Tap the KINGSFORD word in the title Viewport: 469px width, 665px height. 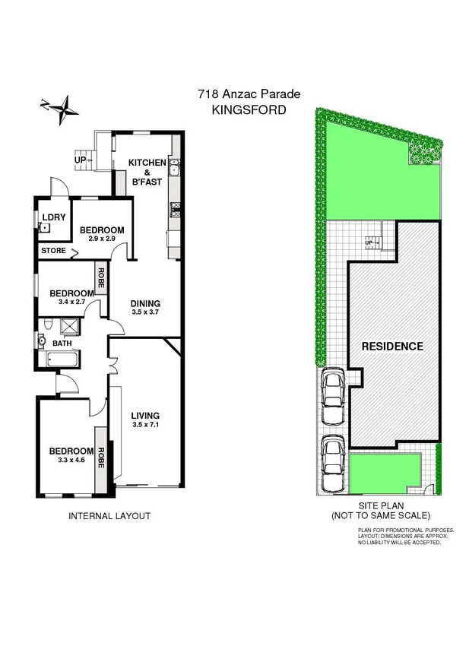(x=249, y=109)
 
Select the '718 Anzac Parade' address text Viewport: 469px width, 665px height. (x=249, y=94)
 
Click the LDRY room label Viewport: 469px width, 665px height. (x=53, y=217)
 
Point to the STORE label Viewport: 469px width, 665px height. (x=54, y=249)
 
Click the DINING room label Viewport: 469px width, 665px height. (x=145, y=303)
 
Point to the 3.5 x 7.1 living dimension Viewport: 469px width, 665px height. (x=145, y=425)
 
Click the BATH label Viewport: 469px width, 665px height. (x=62, y=343)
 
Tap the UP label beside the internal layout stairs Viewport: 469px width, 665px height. (x=80, y=160)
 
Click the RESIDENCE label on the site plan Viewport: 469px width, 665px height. (x=391, y=347)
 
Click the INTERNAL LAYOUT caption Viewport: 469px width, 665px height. (x=109, y=516)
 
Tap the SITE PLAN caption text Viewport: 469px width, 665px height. (x=381, y=505)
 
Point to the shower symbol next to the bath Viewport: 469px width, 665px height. (x=70, y=327)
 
